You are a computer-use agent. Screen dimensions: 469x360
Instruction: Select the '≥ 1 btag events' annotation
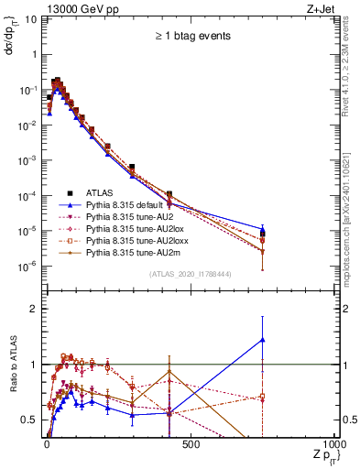click(191, 37)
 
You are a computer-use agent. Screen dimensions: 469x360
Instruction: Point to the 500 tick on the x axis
click(191, 446)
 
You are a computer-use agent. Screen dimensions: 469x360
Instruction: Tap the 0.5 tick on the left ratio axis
click(27, 420)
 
